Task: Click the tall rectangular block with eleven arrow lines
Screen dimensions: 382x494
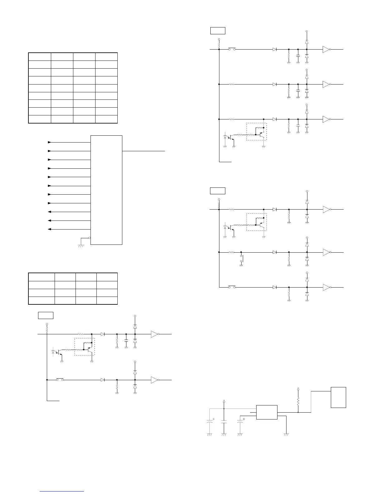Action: [106, 190]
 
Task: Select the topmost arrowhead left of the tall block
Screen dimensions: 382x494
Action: [49, 142]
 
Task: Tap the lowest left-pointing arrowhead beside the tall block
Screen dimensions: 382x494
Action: [49, 229]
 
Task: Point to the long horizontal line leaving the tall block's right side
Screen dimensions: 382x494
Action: [144, 151]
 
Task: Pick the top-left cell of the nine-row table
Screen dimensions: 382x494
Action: [40, 56]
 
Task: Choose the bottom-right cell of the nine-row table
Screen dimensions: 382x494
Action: [106, 119]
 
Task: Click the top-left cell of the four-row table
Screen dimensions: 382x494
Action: [42, 277]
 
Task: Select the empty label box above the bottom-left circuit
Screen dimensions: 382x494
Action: [46, 315]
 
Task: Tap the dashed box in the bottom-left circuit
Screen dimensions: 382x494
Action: [84, 346]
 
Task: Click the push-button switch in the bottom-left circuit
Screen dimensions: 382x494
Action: [60, 380]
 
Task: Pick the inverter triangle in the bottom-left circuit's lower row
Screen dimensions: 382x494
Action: [154, 380]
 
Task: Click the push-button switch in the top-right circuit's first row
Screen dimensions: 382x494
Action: [232, 49]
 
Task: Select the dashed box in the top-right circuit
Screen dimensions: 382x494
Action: [257, 131]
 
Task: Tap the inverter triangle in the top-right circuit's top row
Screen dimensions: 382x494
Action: [326, 49]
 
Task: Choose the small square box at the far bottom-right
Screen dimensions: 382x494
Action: [338, 397]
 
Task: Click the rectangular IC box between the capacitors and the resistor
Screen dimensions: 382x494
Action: [267, 412]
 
